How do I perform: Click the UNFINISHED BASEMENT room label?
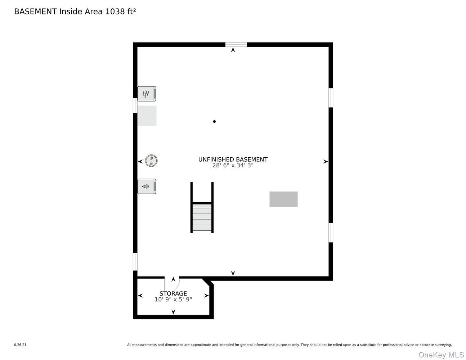click(x=233, y=159)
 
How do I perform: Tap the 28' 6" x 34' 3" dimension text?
click(x=233, y=166)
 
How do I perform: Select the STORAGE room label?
click(x=173, y=293)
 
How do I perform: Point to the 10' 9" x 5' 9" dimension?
click(x=173, y=300)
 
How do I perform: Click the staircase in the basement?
click(x=202, y=217)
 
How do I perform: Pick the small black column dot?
click(x=214, y=122)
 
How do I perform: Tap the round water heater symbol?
click(x=152, y=161)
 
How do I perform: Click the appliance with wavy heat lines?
click(x=147, y=94)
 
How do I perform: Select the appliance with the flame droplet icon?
click(x=147, y=186)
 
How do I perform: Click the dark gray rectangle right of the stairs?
click(x=283, y=199)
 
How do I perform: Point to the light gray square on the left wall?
click(x=147, y=116)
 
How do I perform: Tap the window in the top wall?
click(x=236, y=45)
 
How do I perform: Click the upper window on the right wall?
click(x=331, y=98)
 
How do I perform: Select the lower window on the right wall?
click(x=331, y=233)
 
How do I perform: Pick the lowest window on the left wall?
click(x=135, y=261)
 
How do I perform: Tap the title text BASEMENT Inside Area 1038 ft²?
click(x=75, y=12)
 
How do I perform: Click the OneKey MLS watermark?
click(x=441, y=355)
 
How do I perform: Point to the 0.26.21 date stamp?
click(x=20, y=345)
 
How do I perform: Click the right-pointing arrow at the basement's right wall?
click(x=326, y=162)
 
